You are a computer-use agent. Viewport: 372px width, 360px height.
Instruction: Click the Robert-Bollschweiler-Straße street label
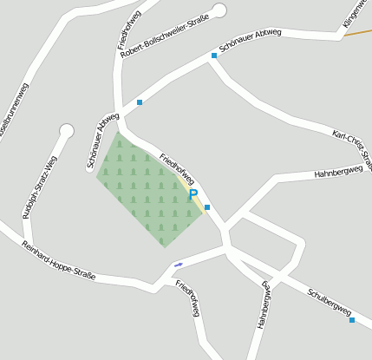(166, 39)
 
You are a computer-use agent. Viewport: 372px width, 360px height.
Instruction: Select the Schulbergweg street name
(329, 300)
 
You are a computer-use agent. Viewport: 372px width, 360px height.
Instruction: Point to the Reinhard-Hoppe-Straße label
(58, 260)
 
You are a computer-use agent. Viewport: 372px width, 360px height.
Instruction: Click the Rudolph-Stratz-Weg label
(39, 187)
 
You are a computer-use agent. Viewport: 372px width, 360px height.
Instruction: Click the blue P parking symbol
(193, 196)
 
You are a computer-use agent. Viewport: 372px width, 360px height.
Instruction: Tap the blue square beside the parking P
(207, 207)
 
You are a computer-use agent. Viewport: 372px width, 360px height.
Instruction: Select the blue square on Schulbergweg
(352, 320)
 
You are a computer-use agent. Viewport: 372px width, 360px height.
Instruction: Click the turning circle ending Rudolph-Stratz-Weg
(66, 131)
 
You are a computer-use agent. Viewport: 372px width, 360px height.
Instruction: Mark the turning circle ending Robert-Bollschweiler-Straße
(219, 10)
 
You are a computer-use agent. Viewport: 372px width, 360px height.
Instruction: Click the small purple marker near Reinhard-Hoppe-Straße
(179, 264)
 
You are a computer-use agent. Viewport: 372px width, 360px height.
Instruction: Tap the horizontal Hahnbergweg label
(337, 172)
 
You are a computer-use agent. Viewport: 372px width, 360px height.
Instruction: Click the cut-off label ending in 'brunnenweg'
(12, 113)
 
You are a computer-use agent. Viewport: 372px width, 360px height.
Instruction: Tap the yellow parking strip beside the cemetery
(199, 200)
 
